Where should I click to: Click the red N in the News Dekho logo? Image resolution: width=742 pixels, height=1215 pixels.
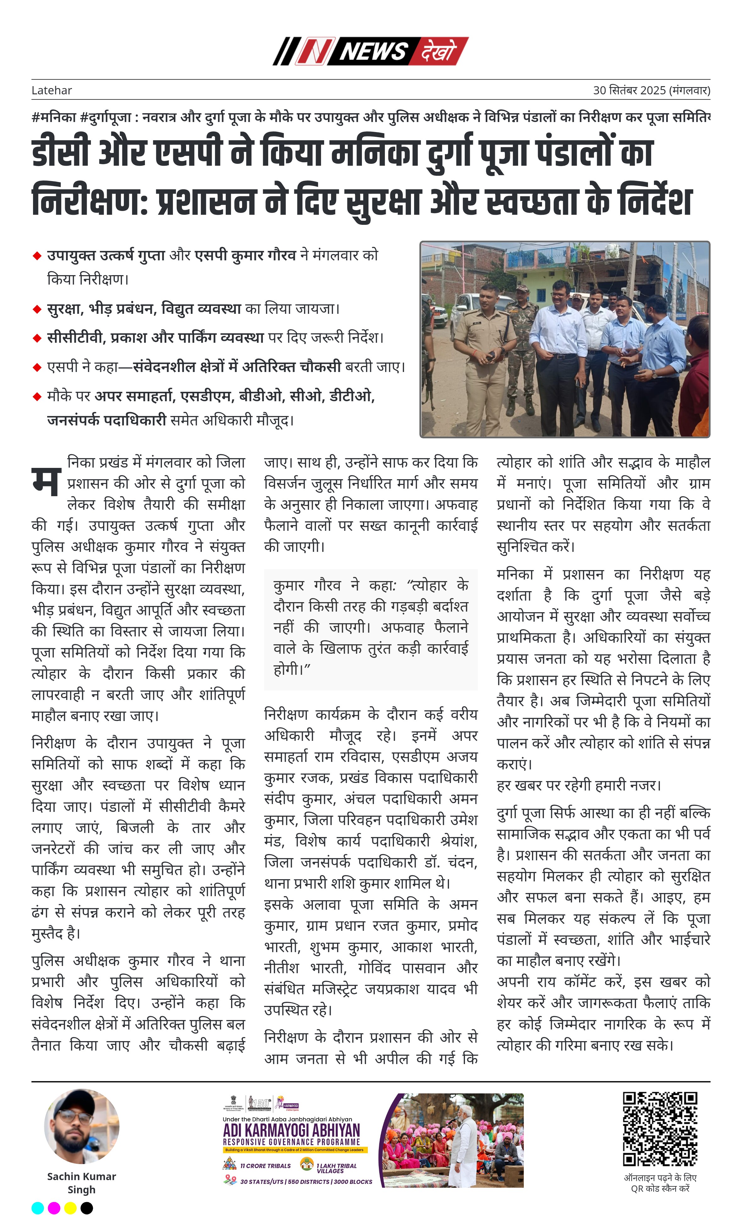(x=314, y=51)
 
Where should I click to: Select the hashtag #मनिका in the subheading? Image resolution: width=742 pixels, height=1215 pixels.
(x=54, y=117)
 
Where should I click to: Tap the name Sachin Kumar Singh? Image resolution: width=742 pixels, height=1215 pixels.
(x=81, y=1182)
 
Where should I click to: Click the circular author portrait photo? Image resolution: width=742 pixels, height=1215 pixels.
(x=81, y=1127)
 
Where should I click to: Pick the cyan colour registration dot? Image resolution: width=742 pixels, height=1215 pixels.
(x=37, y=1207)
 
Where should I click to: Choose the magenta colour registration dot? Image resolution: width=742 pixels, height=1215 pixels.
(x=54, y=1207)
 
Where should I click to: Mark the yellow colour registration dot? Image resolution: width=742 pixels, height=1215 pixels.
(x=70, y=1207)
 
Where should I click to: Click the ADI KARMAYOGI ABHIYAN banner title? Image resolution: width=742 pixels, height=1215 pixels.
(x=291, y=1130)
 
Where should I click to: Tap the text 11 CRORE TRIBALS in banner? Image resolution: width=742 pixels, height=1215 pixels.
(x=265, y=1166)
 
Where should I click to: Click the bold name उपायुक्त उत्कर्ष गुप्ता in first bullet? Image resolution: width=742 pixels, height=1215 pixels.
(x=106, y=255)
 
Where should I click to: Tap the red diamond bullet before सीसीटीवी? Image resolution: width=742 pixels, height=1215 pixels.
(x=36, y=338)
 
